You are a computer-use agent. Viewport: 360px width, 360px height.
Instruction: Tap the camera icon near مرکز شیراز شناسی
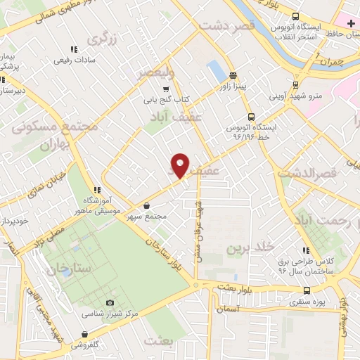pos(109,302)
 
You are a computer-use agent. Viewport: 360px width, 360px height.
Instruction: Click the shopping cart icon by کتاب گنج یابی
pos(165,89)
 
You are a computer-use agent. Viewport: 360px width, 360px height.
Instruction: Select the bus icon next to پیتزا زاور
pos(233,77)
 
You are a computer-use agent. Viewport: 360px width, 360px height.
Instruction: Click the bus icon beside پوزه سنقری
pos(306,290)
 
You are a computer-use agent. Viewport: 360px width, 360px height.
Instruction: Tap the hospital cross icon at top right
pos(351,24)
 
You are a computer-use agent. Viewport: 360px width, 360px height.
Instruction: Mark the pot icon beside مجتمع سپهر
pos(146,206)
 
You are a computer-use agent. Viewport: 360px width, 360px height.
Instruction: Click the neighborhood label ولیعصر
pos(159,72)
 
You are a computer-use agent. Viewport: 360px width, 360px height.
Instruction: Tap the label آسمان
pos(229,309)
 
